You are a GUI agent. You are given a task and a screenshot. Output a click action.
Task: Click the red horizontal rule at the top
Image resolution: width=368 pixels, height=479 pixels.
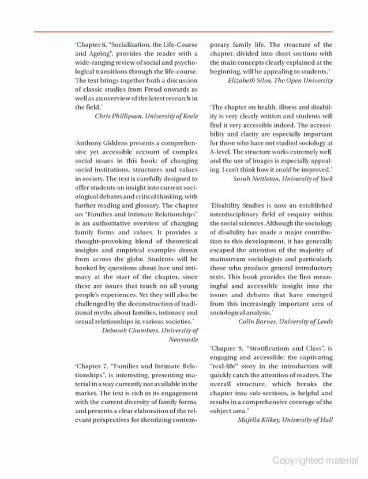pyautogui.click(x=183, y=32)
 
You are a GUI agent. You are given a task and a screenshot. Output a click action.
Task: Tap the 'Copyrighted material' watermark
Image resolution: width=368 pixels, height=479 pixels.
pyautogui.click(x=315, y=461)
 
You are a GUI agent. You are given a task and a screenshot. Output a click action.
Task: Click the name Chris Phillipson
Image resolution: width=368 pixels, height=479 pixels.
pyautogui.click(x=118, y=116)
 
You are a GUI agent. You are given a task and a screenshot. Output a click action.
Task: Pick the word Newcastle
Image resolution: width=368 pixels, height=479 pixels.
pyautogui.click(x=183, y=340)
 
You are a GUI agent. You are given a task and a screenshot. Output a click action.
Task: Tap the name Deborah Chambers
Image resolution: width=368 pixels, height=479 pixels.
pyautogui.click(x=130, y=331)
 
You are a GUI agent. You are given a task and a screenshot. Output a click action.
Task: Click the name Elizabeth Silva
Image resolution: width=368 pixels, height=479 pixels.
pyautogui.click(x=251, y=81)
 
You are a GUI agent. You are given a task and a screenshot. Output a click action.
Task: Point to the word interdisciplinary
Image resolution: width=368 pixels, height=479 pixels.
pyautogui.click(x=238, y=214)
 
